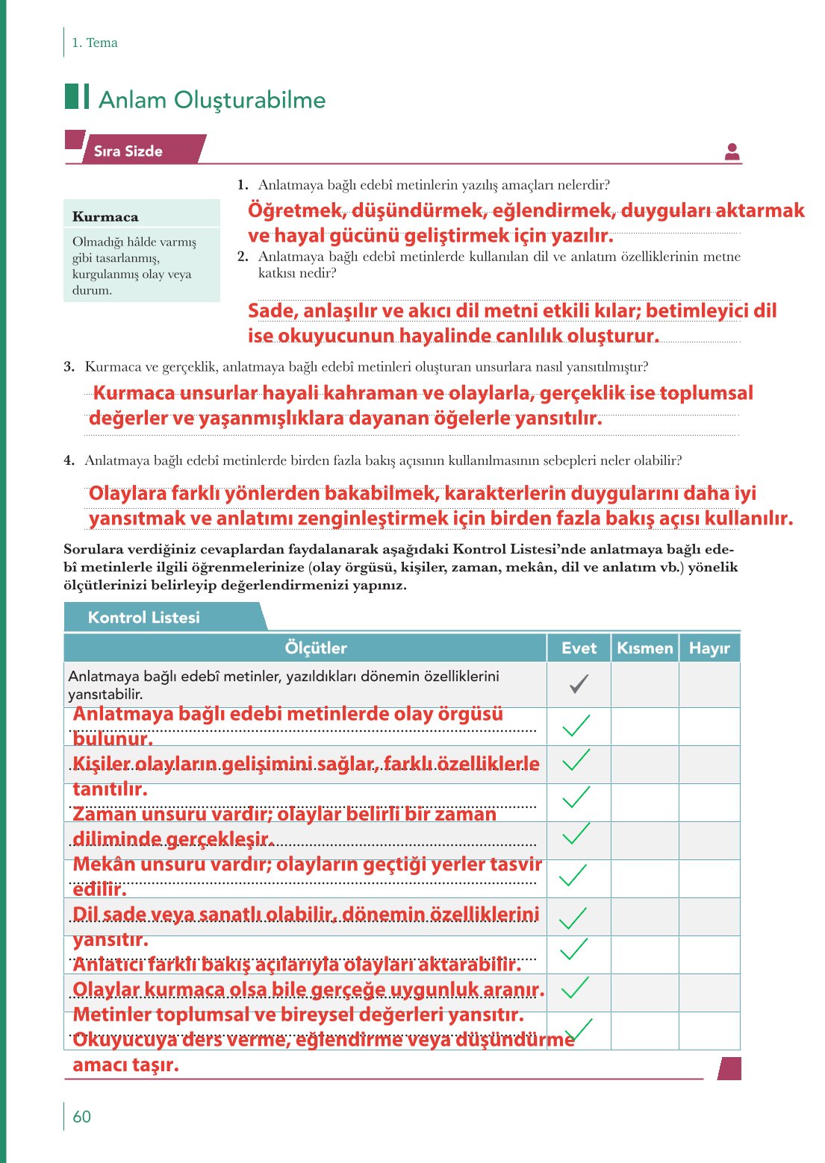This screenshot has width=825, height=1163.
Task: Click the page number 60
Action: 81,1117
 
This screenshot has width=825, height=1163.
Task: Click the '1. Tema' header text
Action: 94,43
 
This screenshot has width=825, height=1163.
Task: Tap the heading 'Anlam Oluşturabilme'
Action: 212,100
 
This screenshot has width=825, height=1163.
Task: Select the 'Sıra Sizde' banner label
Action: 128,151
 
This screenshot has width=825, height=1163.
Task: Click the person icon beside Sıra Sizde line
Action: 732,151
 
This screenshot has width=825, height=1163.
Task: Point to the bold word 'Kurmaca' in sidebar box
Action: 105,217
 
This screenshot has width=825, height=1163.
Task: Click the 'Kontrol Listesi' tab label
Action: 144,618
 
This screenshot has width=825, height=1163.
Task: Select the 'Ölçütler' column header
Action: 315,648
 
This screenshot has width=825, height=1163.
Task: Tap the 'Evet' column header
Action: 579,648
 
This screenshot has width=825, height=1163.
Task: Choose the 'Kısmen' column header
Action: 645,648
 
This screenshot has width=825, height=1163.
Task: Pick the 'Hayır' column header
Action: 709,648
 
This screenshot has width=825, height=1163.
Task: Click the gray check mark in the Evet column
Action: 579,683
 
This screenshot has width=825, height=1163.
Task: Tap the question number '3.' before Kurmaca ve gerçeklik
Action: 69,366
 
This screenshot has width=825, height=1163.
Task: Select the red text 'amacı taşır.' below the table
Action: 125,1065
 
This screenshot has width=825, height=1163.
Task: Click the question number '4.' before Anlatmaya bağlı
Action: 69,460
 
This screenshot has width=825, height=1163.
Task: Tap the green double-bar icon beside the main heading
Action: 77,97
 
